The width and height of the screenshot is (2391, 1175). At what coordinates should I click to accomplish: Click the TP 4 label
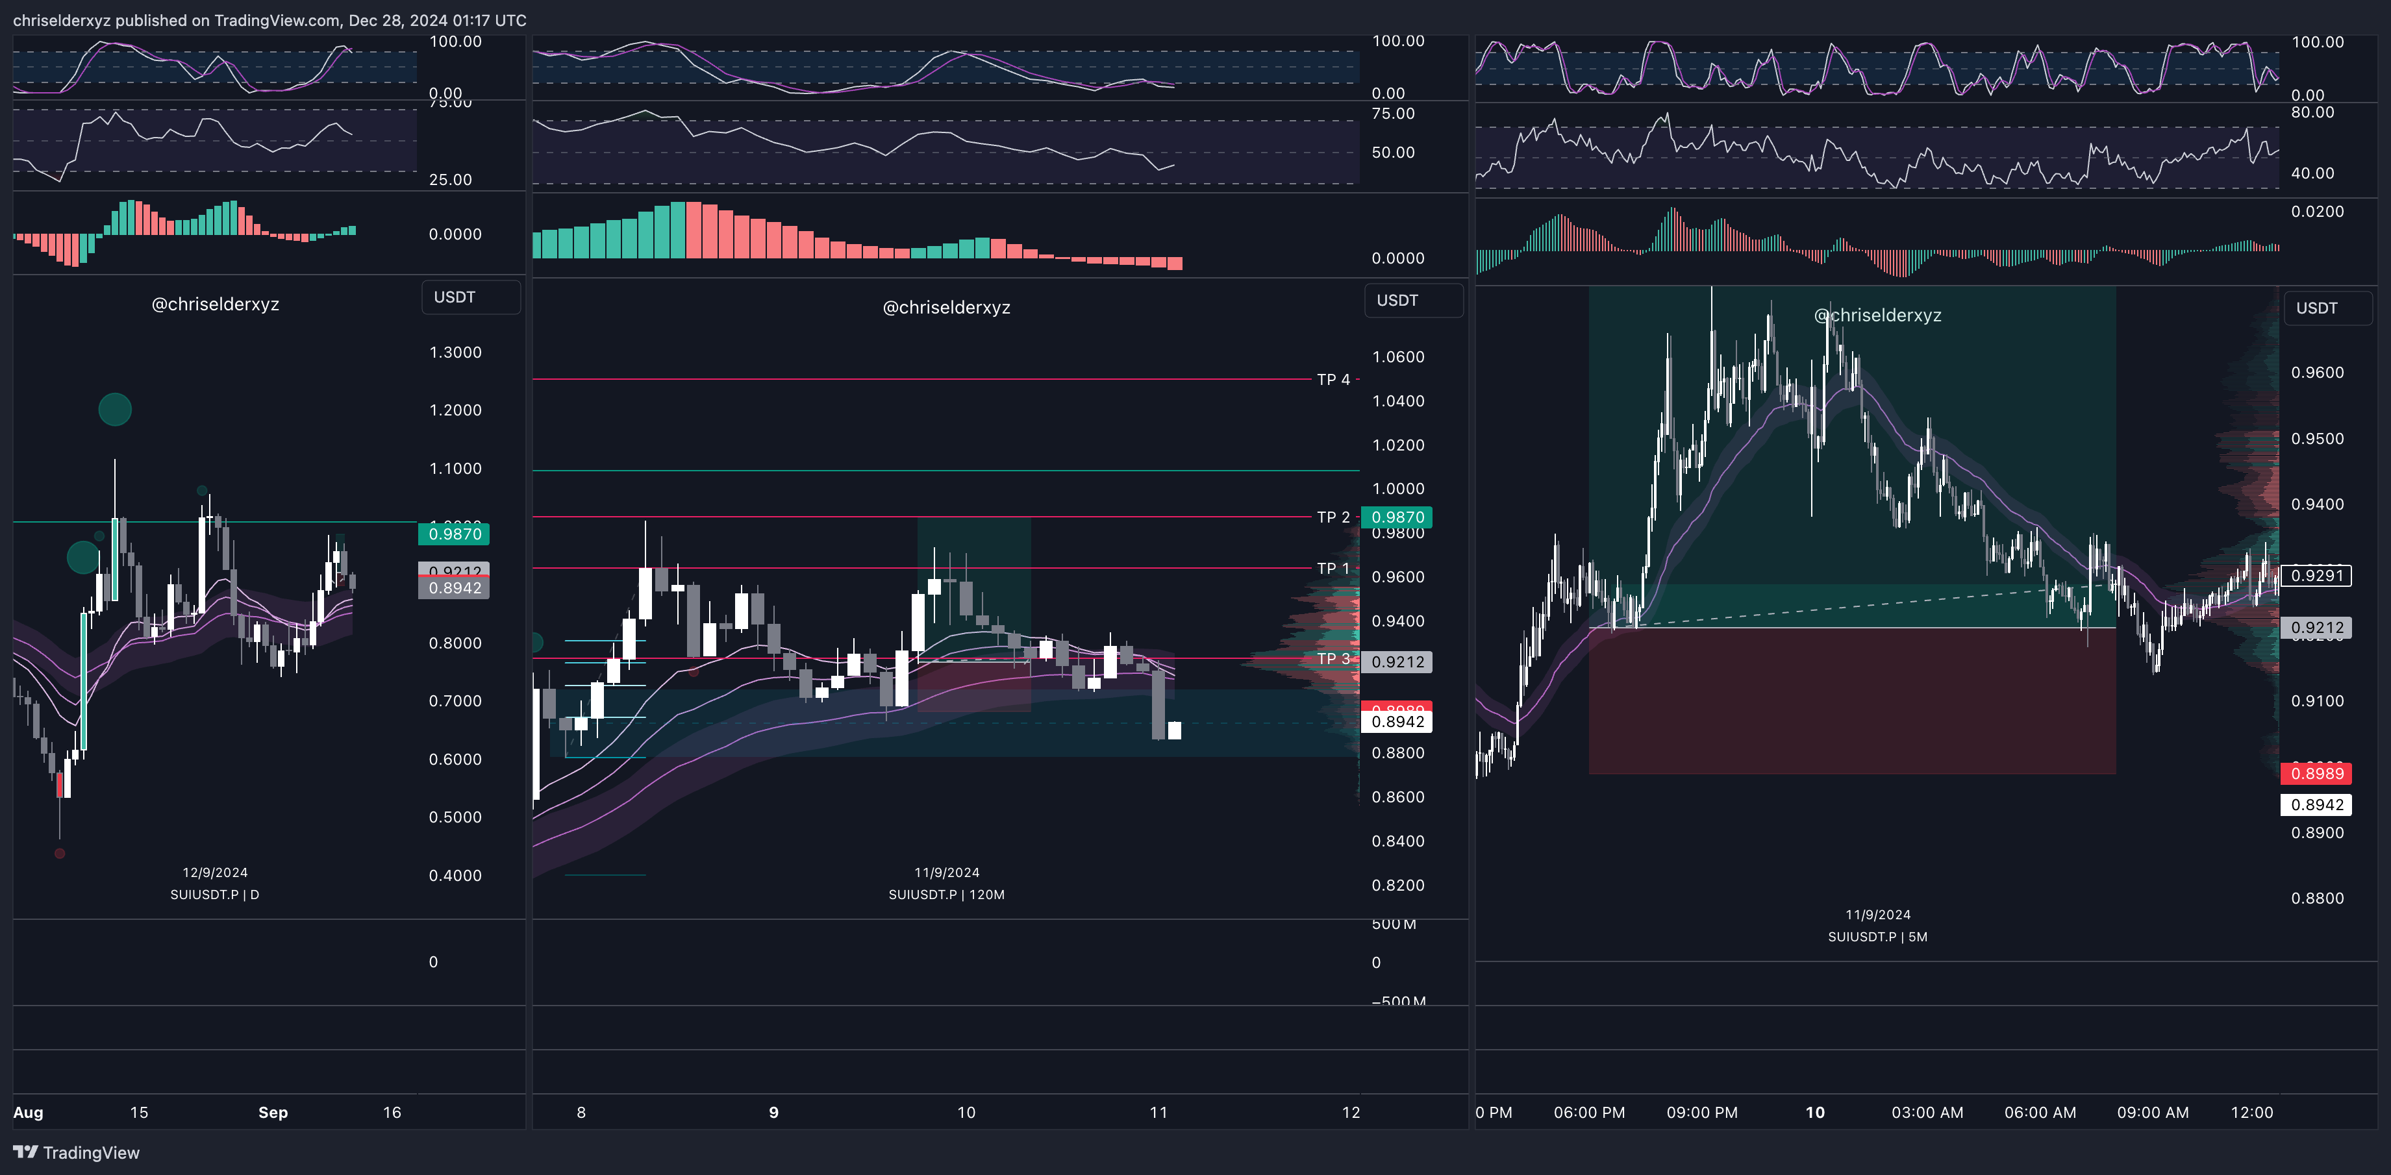(x=1333, y=380)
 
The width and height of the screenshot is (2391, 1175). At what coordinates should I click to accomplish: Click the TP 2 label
(x=1333, y=517)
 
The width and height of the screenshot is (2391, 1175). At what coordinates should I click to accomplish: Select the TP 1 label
(x=1333, y=568)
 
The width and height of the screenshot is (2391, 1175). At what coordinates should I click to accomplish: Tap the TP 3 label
(x=1333, y=659)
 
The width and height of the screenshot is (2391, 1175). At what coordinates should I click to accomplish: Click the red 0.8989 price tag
(x=2317, y=774)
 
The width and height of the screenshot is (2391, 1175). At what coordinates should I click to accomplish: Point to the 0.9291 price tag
(x=2317, y=575)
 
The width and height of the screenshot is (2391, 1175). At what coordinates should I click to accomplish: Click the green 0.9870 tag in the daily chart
(x=455, y=534)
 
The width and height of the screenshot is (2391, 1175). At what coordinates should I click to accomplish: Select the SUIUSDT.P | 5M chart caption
(x=1877, y=937)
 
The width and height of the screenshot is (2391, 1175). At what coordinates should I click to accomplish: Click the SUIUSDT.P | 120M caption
(x=946, y=895)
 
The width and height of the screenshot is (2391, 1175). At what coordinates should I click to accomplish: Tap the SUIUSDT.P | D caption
(x=214, y=895)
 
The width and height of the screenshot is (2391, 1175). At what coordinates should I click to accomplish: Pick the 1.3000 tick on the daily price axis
(x=455, y=352)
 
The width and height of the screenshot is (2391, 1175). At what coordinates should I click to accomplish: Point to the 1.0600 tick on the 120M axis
(x=1398, y=357)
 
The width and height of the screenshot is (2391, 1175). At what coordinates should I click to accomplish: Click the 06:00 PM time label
(x=1589, y=1113)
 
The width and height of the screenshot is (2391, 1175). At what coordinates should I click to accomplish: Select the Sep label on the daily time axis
(x=273, y=1113)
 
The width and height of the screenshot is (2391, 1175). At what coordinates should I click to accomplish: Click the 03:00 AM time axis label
(x=1927, y=1113)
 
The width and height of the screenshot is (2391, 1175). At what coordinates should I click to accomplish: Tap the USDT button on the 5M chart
(x=2317, y=308)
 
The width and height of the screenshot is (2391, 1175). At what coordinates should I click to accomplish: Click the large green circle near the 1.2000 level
(x=115, y=409)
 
